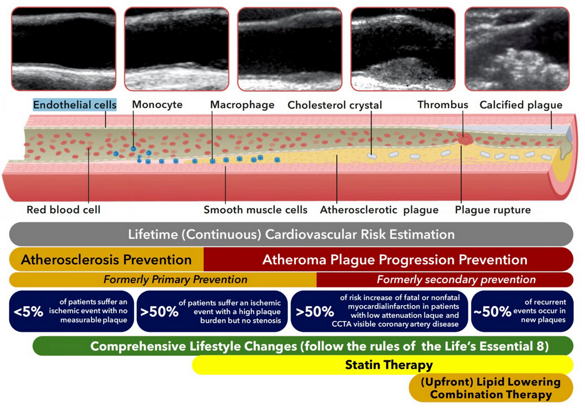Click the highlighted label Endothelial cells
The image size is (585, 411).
(x=75, y=105)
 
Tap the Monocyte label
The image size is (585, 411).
(x=157, y=104)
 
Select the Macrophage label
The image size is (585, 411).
(x=242, y=105)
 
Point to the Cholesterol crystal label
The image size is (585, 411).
(x=334, y=105)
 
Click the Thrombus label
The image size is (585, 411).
(x=443, y=104)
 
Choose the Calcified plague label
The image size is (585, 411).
(x=521, y=105)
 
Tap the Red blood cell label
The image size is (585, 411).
(x=64, y=209)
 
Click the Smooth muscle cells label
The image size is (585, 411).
(x=255, y=209)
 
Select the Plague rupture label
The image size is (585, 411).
(x=493, y=210)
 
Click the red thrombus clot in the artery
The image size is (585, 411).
(x=465, y=139)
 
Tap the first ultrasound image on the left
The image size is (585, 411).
(x=64, y=49)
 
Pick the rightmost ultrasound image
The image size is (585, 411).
(x=517, y=49)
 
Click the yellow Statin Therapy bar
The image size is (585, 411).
(x=382, y=365)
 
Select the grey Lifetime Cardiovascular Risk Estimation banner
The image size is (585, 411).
(x=291, y=234)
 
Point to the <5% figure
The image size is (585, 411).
(x=28, y=311)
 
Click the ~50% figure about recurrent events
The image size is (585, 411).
(x=492, y=311)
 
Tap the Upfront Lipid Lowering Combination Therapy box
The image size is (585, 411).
(x=491, y=388)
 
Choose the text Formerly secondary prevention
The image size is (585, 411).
(x=456, y=279)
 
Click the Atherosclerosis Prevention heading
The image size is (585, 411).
(x=106, y=260)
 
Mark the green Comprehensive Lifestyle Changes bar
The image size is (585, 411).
(x=303, y=346)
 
